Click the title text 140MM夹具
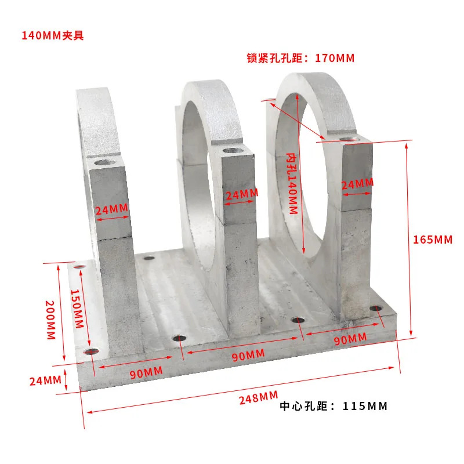point(53,35)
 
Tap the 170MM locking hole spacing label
point(300,58)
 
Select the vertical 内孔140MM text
point(292,183)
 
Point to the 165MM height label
point(433,240)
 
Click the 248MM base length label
point(258,397)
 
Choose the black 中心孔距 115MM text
point(333,406)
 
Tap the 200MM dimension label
point(50,320)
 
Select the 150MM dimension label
point(77,309)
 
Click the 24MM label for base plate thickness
point(45,380)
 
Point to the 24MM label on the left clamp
point(112,209)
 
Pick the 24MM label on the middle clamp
point(242,194)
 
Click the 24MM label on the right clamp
point(357,184)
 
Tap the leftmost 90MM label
point(146,372)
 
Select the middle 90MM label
point(248,355)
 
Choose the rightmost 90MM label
point(350,339)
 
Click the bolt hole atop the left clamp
point(105,162)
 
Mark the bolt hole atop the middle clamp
point(233,151)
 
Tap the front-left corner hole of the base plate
point(91,351)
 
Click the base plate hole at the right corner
point(376,309)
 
